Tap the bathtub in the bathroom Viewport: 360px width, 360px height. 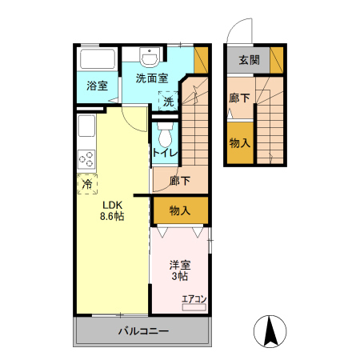pos(98,60)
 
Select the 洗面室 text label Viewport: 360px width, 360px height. pos(151,78)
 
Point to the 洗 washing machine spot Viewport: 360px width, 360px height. pos(169,101)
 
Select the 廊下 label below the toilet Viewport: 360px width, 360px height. pos(180,181)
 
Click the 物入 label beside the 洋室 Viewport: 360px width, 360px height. pos(180,210)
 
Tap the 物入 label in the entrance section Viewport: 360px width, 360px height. pos(238,143)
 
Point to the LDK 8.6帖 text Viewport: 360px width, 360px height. pos(111,210)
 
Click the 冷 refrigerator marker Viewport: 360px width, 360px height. pos(86,183)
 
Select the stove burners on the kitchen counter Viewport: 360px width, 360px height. pos(86,158)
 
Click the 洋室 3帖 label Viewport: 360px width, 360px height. pos(178,270)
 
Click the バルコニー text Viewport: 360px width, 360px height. pos(143,331)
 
